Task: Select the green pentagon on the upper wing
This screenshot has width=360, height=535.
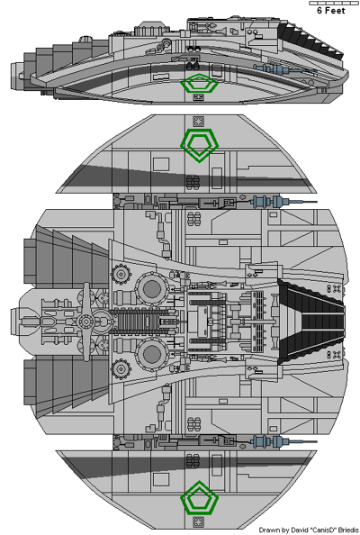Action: tap(198, 142)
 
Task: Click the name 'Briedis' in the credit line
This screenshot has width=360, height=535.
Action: tap(339, 530)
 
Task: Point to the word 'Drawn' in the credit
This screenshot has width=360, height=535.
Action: tap(269, 530)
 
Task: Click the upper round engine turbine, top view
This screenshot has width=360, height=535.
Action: tap(150, 289)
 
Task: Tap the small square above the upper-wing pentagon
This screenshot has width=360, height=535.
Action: tap(198, 121)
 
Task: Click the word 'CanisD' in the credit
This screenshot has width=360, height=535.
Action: tap(311, 530)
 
